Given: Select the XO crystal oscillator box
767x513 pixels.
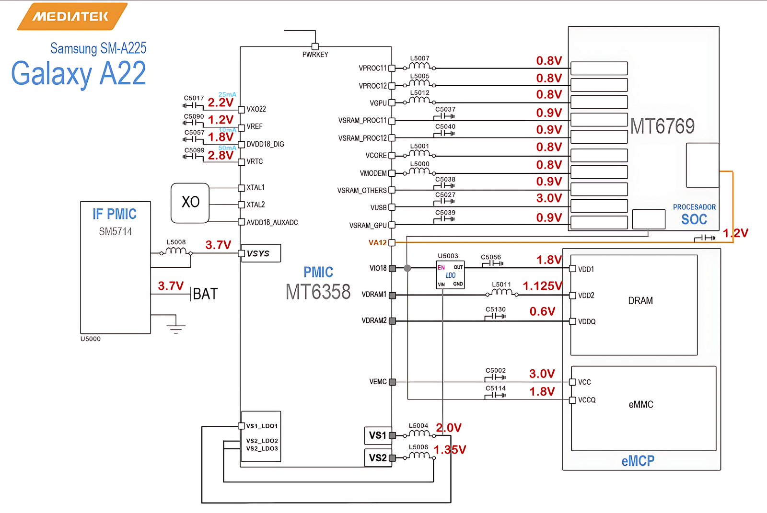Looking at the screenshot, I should [x=190, y=203].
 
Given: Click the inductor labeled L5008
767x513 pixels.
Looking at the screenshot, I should [x=176, y=251].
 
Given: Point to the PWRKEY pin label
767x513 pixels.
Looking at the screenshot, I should [x=315, y=55].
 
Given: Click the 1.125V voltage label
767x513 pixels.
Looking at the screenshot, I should [x=542, y=286].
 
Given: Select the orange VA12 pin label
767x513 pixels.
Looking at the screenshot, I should [x=377, y=243].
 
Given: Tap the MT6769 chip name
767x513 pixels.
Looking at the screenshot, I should [x=662, y=126].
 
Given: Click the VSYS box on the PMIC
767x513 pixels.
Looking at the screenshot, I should [x=260, y=253].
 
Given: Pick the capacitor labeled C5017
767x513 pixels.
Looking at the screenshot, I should [x=194, y=105].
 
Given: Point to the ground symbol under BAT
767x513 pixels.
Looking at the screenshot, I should [x=176, y=328].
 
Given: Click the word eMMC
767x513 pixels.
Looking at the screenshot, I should [x=641, y=405].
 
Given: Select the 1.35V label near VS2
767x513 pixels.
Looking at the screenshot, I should [x=450, y=450].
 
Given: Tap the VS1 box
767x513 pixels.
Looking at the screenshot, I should [x=378, y=435].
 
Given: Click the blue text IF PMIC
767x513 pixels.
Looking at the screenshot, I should [x=115, y=214].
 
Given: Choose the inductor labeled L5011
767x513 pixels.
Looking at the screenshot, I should [x=502, y=292].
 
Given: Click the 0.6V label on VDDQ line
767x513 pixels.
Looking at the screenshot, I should [x=542, y=312].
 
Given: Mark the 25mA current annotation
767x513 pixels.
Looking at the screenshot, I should [x=227, y=94].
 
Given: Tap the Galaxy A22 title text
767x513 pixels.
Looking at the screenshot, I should [x=79, y=74].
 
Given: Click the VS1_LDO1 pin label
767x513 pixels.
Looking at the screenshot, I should [x=262, y=426].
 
